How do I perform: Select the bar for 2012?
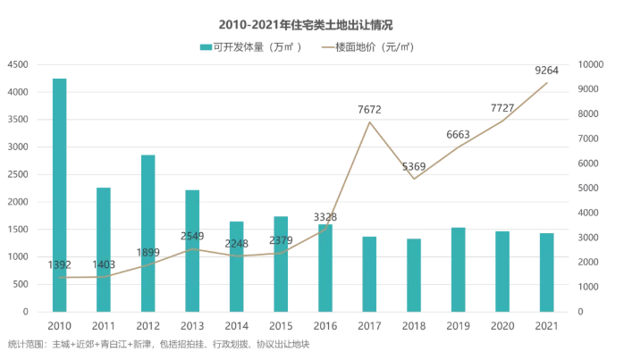(148, 233)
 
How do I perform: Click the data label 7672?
(369, 109)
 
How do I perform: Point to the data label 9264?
(547, 70)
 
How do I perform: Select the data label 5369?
(414, 166)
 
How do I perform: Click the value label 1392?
(59, 265)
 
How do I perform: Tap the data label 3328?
(325, 217)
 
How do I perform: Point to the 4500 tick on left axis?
(19, 65)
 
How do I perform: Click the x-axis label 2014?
(236, 326)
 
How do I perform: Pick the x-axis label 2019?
(458, 326)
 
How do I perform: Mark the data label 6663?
(459, 135)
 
